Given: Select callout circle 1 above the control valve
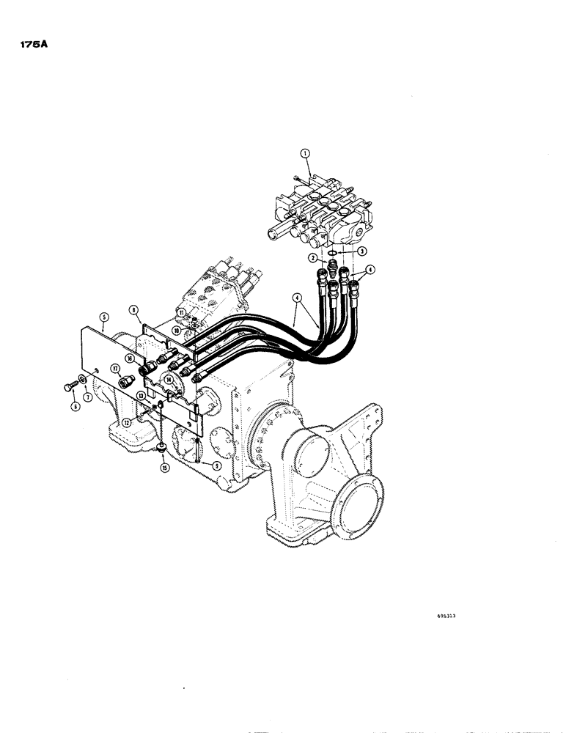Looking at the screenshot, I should click(306, 152).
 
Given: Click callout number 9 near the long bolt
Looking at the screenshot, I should click(218, 465).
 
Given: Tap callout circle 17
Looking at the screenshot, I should click(115, 368).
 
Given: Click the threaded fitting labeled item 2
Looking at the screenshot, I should click(329, 268).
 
